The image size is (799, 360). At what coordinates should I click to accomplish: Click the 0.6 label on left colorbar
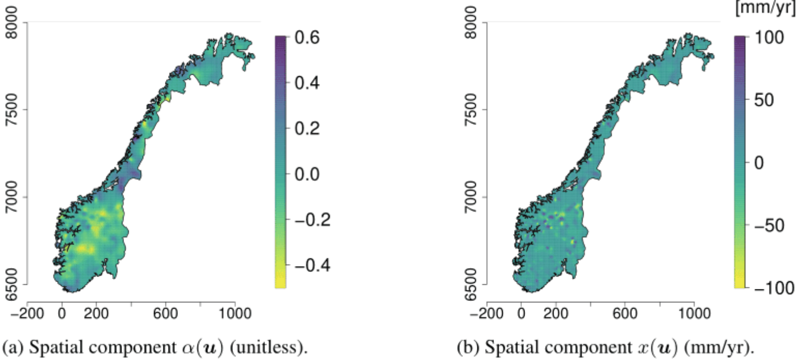click(x=309, y=38)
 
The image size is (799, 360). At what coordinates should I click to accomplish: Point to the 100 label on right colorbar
click(x=770, y=38)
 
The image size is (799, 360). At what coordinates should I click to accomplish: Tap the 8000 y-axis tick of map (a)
click(x=10, y=23)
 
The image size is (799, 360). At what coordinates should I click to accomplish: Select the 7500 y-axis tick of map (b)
click(x=470, y=110)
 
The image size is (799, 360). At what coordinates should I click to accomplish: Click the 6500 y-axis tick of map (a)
click(x=10, y=284)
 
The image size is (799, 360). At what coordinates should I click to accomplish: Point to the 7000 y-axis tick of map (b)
click(x=470, y=197)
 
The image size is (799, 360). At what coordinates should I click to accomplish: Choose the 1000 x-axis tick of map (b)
click(x=694, y=313)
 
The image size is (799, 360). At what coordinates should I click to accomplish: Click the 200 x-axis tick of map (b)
click(x=556, y=313)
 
